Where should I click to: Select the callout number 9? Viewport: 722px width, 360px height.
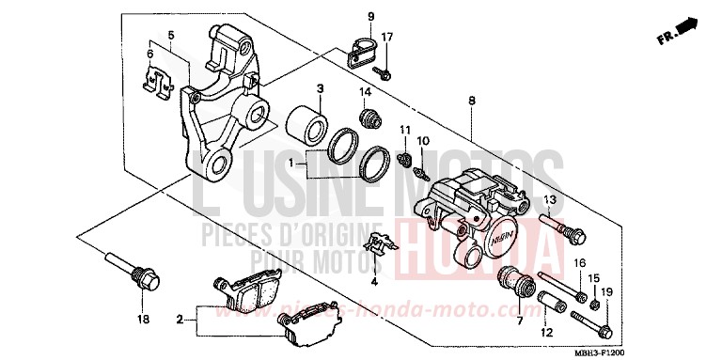pyautogui.click(x=370, y=17)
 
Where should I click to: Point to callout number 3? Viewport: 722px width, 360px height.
pyautogui.click(x=320, y=88)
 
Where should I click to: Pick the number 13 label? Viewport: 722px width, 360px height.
pyautogui.click(x=551, y=199)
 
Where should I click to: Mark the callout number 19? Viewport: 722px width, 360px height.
pyautogui.click(x=606, y=292)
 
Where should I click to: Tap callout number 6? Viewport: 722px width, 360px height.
pyautogui.click(x=149, y=54)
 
